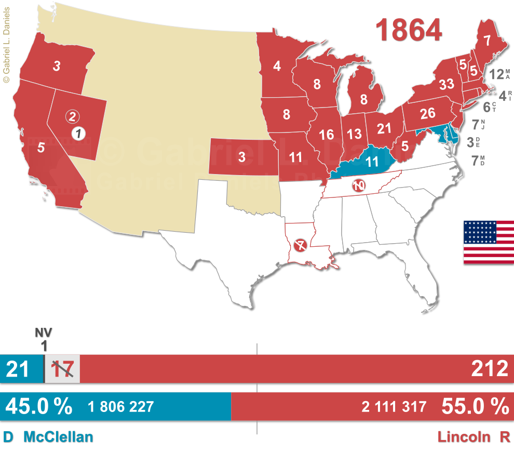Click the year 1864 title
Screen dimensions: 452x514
coord(409,30)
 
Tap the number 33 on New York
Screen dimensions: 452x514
coord(446,84)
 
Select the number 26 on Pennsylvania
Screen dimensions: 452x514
coord(427,114)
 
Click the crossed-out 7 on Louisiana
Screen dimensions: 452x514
coord(300,245)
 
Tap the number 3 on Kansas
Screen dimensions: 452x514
coord(242,156)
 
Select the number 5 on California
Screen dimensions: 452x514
coord(41,147)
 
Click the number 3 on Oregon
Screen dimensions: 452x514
coord(56,66)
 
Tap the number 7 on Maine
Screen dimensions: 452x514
coord(486,40)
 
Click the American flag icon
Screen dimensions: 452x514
coord(489,242)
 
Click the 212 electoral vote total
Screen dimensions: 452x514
coord(489,369)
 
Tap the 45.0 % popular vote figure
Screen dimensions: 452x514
coord(39,406)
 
